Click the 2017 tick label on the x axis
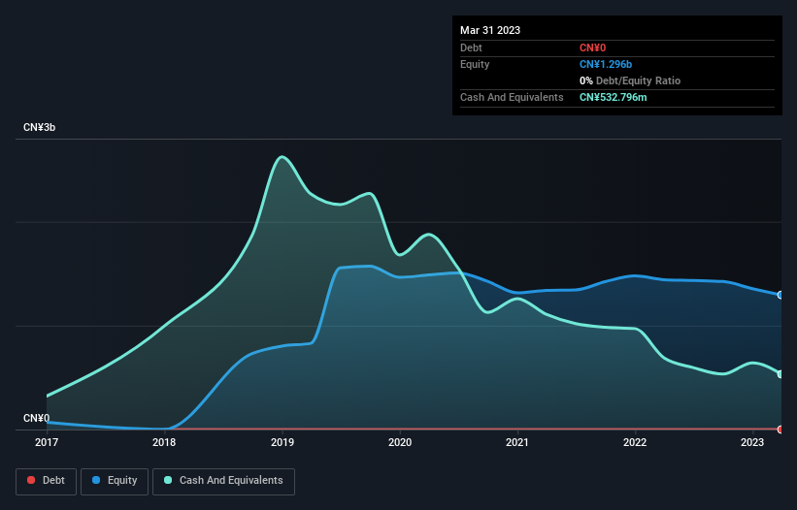pyautogui.click(x=47, y=443)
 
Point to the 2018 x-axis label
pyautogui.click(x=164, y=443)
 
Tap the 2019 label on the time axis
pyautogui.click(x=282, y=443)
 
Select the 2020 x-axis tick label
pyautogui.click(x=399, y=443)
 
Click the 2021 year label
pyautogui.click(x=516, y=443)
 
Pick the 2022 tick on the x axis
pyautogui.click(x=635, y=443)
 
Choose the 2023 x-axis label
pyautogui.click(x=752, y=443)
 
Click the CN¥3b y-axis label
pyautogui.click(x=41, y=128)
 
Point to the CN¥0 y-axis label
pyautogui.click(x=37, y=418)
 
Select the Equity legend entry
pyautogui.click(x=115, y=480)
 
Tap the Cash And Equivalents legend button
pyautogui.click(x=223, y=480)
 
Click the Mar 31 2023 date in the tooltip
pyautogui.click(x=490, y=30)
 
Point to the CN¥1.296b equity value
pyautogui.click(x=605, y=64)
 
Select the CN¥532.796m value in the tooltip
pyautogui.click(x=619, y=97)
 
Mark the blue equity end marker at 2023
pyautogui.click(x=780, y=295)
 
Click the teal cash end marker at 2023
pyautogui.click(x=780, y=374)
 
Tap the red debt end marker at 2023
pyautogui.click(x=780, y=429)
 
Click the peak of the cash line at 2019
pyautogui.click(x=282, y=156)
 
